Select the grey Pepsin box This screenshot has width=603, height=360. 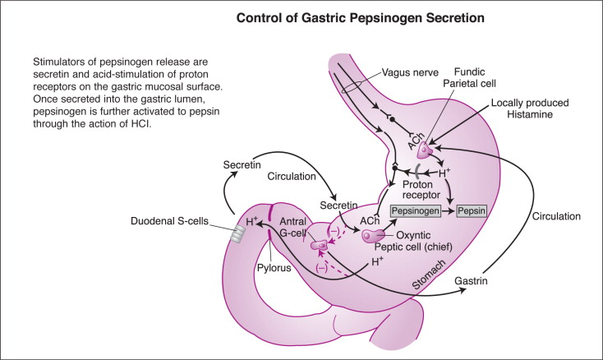[472, 211]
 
